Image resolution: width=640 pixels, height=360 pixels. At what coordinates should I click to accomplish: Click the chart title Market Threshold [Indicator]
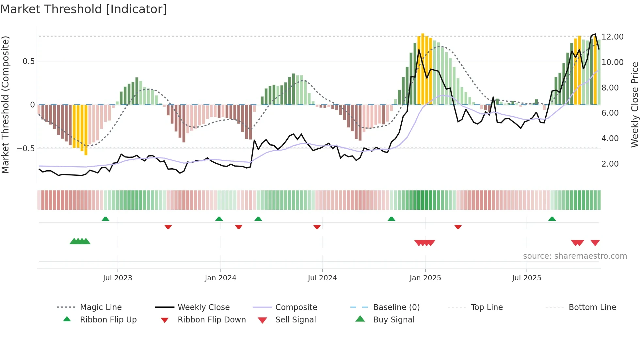click(x=84, y=9)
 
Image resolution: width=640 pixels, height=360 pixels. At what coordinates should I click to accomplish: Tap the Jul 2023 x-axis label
click(x=118, y=278)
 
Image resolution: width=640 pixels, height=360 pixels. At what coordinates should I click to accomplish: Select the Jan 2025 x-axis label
click(x=425, y=278)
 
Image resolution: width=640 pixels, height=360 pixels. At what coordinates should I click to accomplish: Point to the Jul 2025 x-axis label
click(x=526, y=278)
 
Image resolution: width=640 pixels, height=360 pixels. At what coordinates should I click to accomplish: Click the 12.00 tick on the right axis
click(x=612, y=37)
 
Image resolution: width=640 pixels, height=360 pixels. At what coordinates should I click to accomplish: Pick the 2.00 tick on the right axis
click(x=610, y=164)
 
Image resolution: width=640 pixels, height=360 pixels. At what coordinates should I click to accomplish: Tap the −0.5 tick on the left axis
click(x=26, y=148)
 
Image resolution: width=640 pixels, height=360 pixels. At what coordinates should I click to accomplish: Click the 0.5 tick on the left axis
click(x=28, y=61)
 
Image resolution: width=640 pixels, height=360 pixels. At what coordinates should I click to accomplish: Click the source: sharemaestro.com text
click(x=575, y=256)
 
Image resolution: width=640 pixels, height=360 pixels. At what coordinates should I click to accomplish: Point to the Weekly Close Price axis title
click(x=634, y=105)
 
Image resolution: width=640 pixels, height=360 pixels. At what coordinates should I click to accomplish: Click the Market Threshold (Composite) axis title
click(x=5, y=105)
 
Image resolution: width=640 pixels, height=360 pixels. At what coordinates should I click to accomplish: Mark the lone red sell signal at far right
click(x=595, y=243)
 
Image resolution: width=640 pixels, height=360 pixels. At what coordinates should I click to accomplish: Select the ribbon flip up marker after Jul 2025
click(x=552, y=219)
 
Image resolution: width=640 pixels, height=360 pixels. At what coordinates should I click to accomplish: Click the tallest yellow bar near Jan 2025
click(x=423, y=69)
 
